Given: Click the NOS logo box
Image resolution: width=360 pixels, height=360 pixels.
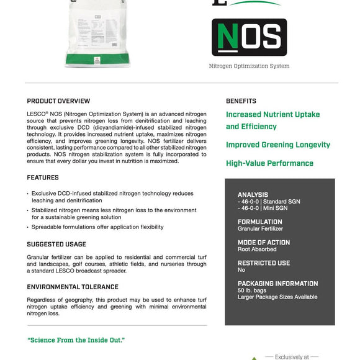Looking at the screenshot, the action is [x=249, y=37].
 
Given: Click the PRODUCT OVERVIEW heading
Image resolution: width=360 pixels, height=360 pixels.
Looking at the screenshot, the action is [x=58, y=101].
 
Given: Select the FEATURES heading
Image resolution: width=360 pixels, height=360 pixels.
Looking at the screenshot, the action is [x=43, y=178].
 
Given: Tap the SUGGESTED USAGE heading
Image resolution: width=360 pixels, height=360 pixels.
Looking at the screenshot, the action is [x=56, y=245].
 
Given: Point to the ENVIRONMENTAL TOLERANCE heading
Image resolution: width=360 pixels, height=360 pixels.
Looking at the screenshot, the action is [x=73, y=287].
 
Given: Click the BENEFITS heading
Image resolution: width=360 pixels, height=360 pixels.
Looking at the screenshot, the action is [x=241, y=101].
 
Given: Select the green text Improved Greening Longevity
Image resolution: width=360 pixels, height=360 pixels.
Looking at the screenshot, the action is [x=278, y=145].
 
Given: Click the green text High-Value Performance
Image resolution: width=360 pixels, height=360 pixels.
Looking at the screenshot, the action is [x=269, y=164].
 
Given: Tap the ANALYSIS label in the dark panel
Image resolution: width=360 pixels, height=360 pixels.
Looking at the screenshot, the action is [x=253, y=195].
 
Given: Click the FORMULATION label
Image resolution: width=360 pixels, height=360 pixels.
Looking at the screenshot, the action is [x=259, y=222].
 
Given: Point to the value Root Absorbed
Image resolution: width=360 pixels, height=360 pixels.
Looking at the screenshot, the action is [x=257, y=249].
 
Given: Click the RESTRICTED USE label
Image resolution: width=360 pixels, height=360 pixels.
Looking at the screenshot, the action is [x=264, y=263].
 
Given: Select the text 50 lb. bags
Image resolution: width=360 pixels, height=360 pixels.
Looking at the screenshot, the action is [x=251, y=290].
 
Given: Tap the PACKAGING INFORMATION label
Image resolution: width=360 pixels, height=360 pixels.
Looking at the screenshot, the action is [x=277, y=284].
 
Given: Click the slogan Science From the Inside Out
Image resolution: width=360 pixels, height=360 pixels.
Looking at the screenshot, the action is [x=76, y=340].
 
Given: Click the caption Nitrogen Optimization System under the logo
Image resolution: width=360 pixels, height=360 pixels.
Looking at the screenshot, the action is [x=249, y=66].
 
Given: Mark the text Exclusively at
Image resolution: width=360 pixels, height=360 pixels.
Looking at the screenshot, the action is [x=292, y=357].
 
